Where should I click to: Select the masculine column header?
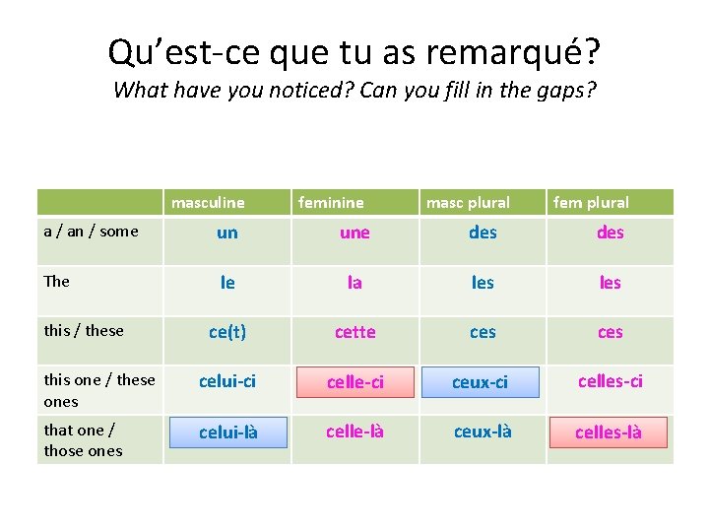point(208,203)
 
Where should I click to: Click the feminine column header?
point(331,203)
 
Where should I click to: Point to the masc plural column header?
point(468,203)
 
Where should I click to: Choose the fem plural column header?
point(591,203)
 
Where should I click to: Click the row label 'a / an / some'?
point(92,232)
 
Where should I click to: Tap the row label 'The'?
point(57,282)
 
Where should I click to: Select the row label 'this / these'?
point(84,331)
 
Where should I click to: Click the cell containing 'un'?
point(227,233)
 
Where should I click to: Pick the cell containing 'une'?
point(354,233)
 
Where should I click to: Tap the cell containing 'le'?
point(227,283)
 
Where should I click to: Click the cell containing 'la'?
point(354,283)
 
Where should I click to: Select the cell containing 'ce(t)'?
point(227,332)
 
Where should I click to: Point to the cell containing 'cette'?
point(354,332)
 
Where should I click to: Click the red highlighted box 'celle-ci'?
point(354,382)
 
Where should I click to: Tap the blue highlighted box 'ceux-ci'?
point(481,382)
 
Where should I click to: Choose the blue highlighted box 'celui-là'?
point(228,432)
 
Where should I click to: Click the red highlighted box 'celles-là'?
point(609,432)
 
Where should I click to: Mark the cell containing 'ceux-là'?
point(483,432)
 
